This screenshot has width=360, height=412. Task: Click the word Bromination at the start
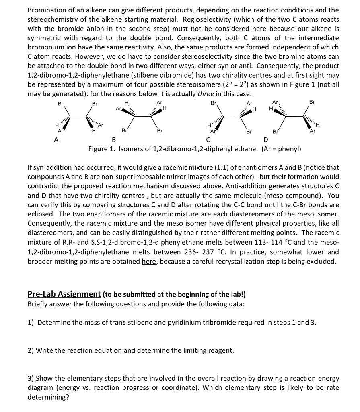45,10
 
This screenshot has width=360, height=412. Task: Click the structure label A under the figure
56,140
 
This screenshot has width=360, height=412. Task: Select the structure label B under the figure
114,140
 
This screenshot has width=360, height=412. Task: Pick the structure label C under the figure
208,140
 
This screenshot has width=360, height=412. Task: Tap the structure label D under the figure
265,140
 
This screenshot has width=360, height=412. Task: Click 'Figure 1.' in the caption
102,149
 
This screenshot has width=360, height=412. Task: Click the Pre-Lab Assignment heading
64,294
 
